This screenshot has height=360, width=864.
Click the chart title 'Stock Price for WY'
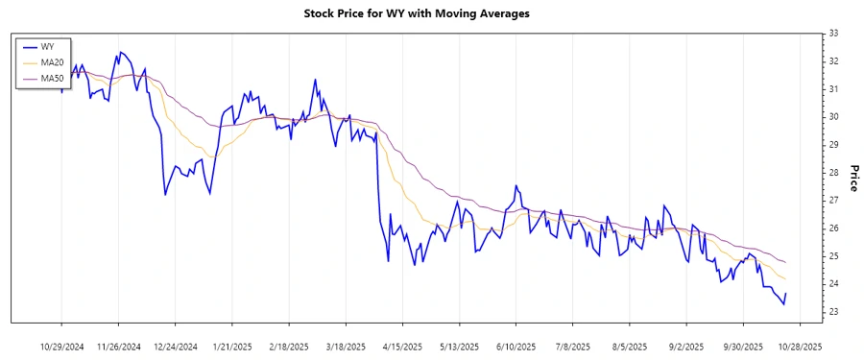coord(430,13)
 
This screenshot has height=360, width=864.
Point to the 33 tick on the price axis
coord(833,34)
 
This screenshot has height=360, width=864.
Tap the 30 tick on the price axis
coord(833,117)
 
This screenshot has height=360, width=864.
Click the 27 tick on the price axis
coord(833,201)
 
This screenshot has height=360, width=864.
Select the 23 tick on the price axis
coord(833,312)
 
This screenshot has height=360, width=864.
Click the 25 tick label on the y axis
coord(833,256)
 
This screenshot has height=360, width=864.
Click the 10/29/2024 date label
coord(62,346)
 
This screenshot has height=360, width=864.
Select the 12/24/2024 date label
coord(176,346)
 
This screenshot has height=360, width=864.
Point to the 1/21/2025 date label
coord(232,346)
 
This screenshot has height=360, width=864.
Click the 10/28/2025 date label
coord(799,346)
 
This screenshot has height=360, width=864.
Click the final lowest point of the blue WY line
coord(783,304)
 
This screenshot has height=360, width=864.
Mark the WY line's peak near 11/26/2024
coord(120,52)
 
